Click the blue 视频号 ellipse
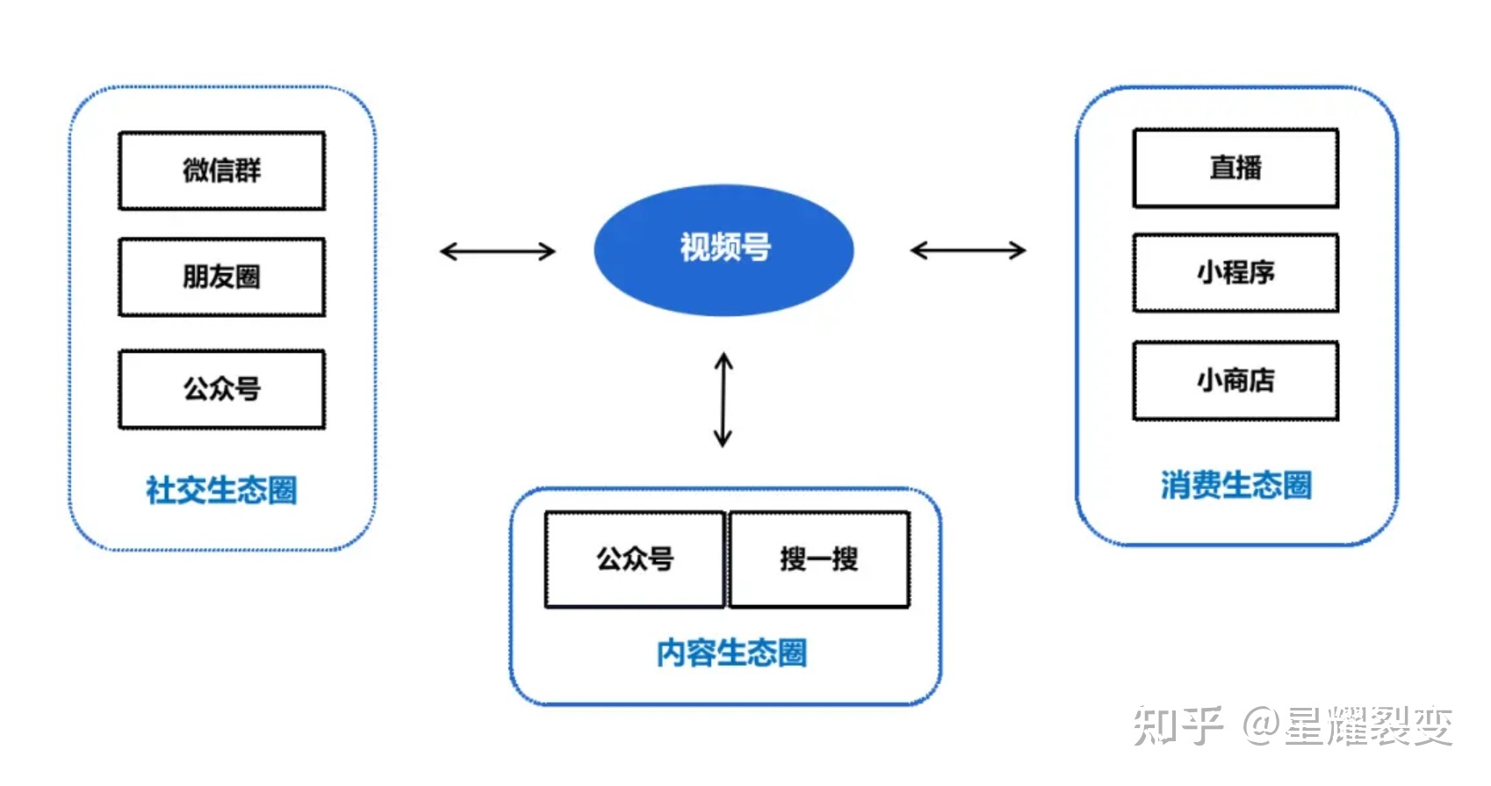[x=724, y=249]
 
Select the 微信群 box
[x=221, y=171]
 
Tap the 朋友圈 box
[x=221, y=277]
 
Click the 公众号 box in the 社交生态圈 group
[x=221, y=389]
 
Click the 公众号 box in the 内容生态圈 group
[x=634, y=559]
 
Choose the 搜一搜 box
[x=818, y=559]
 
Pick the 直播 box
[x=1235, y=168]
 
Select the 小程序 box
[x=1235, y=273]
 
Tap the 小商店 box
[x=1235, y=380]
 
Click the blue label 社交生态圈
[x=221, y=490]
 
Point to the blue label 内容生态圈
[x=731, y=653]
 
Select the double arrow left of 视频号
[x=497, y=252]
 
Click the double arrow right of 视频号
[x=968, y=250]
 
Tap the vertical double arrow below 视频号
[x=723, y=400]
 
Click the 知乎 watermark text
[x=1177, y=726]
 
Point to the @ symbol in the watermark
[x=1261, y=726]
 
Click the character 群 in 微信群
[x=248, y=170]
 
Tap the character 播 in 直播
[x=1248, y=168]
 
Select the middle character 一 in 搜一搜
[x=818, y=559]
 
